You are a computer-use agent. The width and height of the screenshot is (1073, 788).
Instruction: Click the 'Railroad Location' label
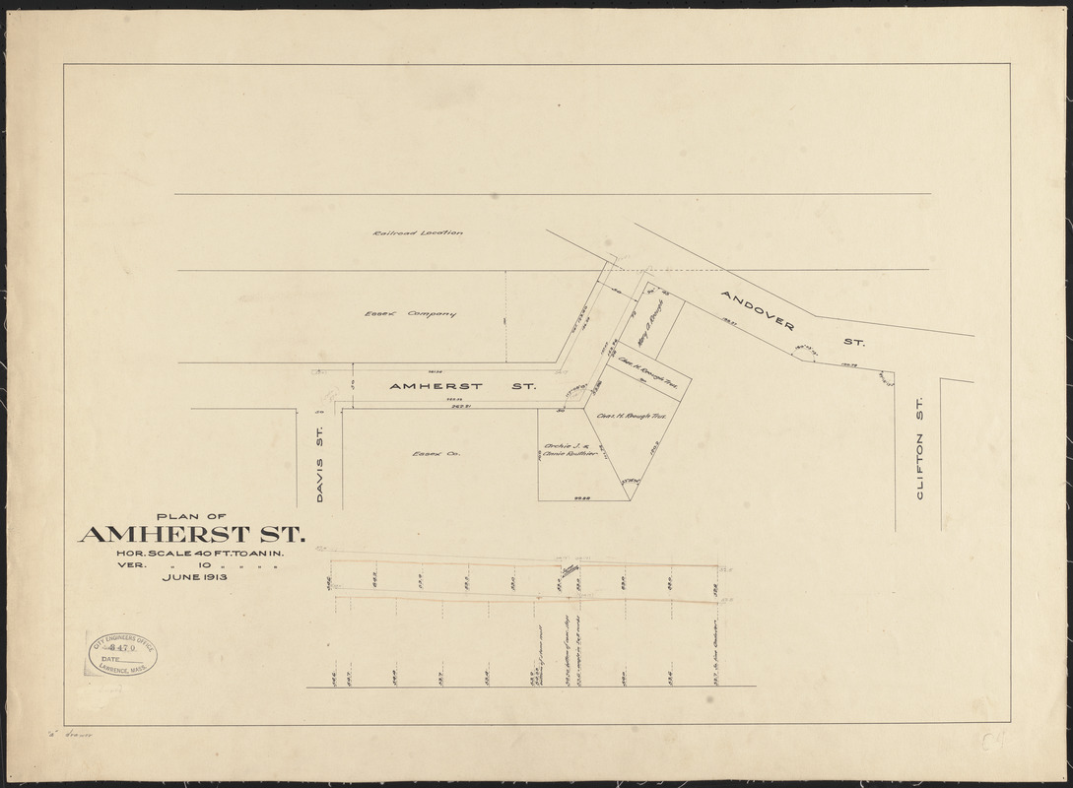point(418,233)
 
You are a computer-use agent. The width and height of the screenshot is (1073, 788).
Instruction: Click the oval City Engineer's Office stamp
point(121,652)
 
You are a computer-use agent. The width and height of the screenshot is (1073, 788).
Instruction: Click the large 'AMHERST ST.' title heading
point(192,536)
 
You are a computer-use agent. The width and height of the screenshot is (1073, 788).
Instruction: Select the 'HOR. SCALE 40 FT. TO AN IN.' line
point(195,554)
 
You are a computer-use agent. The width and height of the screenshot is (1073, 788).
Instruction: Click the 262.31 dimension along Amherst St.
point(460,405)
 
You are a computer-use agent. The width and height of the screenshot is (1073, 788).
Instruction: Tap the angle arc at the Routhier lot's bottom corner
point(629,482)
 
